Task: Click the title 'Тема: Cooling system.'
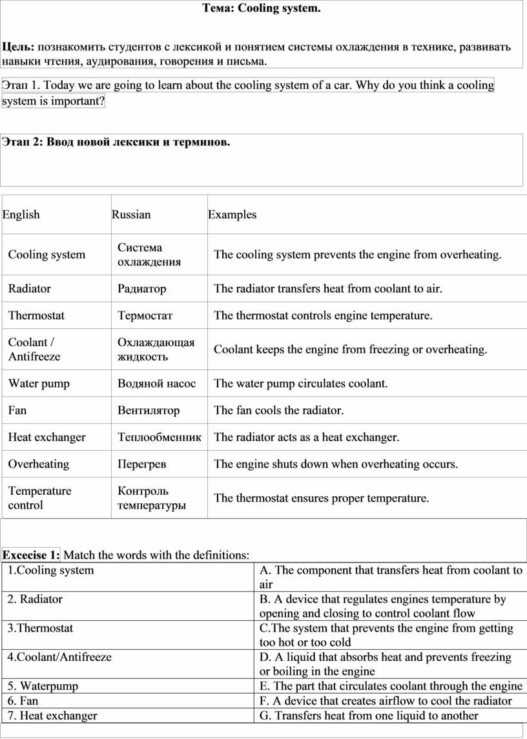(x=262, y=8)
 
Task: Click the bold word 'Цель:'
(x=19, y=47)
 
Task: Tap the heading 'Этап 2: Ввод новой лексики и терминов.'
(x=116, y=141)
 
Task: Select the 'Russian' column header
(x=131, y=214)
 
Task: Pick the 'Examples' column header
(x=232, y=214)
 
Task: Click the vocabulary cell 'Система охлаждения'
(x=149, y=255)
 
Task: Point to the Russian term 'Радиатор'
(x=141, y=289)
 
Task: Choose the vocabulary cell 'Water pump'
(x=39, y=384)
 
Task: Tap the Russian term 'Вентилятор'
(x=149, y=410)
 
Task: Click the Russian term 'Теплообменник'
(x=159, y=437)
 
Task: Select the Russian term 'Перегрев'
(x=141, y=464)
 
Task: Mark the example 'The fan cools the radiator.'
(x=279, y=410)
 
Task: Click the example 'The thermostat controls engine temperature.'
(x=323, y=316)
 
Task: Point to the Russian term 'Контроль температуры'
(x=152, y=498)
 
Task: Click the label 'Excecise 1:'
(x=31, y=555)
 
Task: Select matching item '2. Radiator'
(x=35, y=599)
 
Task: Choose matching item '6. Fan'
(x=23, y=701)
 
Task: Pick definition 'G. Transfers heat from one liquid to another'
(x=369, y=715)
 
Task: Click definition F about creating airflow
(x=386, y=701)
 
